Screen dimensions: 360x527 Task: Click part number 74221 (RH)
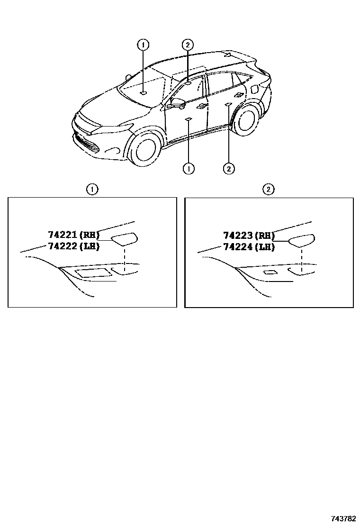click(74, 234)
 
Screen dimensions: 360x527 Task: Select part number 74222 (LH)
click(74, 246)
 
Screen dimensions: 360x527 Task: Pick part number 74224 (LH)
click(249, 247)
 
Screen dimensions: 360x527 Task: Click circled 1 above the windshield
click(144, 45)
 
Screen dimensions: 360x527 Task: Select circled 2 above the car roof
click(188, 45)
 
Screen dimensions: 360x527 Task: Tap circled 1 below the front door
click(189, 168)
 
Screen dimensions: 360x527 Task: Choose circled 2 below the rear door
click(229, 168)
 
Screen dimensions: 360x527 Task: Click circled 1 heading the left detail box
click(92, 190)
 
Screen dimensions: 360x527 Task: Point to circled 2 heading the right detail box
click(269, 190)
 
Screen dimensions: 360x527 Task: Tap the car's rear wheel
click(247, 119)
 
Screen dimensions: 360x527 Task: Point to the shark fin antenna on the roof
click(228, 54)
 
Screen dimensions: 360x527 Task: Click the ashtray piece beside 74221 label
click(124, 238)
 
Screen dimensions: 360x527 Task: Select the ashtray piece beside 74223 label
click(302, 240)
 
